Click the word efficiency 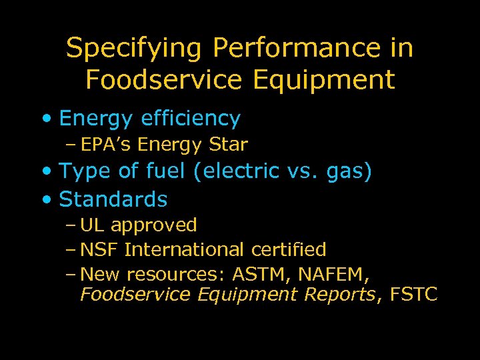tap(191, 119)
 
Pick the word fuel tap(166, 171)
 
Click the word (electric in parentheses tap(235, 171)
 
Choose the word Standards tap(113, 199)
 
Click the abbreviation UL tap(91, 225)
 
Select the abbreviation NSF tap(99, 250)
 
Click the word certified tap(289, 250)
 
